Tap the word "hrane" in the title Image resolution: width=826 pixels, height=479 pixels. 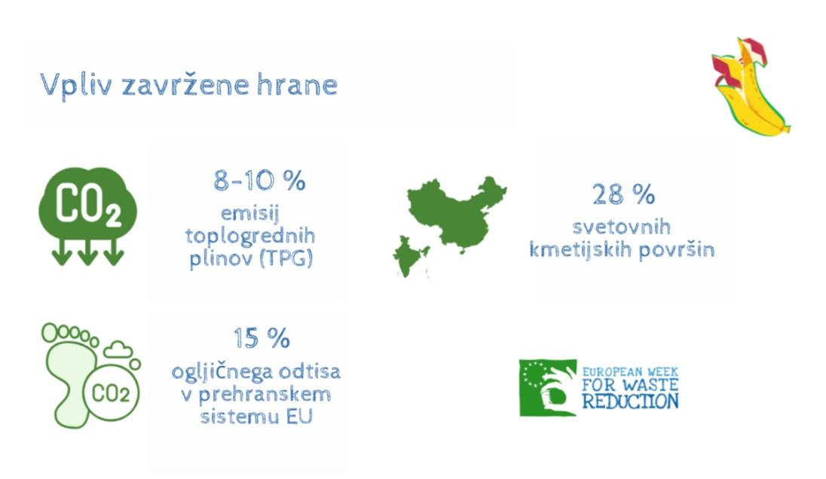(x=297, y=84)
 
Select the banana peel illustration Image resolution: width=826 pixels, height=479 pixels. (x=750, y=87)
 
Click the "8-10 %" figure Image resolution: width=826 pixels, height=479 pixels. (x=259, y=181)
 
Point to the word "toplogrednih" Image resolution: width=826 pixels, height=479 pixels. (x=250, y=236)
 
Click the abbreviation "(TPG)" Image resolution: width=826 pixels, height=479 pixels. (x=286, y=258)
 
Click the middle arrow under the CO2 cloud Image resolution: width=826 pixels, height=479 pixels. (x=88, y=252)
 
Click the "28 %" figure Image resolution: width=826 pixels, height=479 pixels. (x=623, y=194)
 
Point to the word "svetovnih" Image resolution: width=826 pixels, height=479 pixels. (x=622, y=227)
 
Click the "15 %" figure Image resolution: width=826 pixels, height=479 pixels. (x=262, y=338)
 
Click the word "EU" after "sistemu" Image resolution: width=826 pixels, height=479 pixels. (x=299, y=416)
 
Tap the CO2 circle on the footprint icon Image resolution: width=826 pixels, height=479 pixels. (x=111, y=392)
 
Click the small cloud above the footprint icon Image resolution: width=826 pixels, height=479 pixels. (x=118, y=349)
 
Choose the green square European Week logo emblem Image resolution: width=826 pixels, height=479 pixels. (x=548, y=388)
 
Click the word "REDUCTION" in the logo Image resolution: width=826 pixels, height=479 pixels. (x=631, y=401)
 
